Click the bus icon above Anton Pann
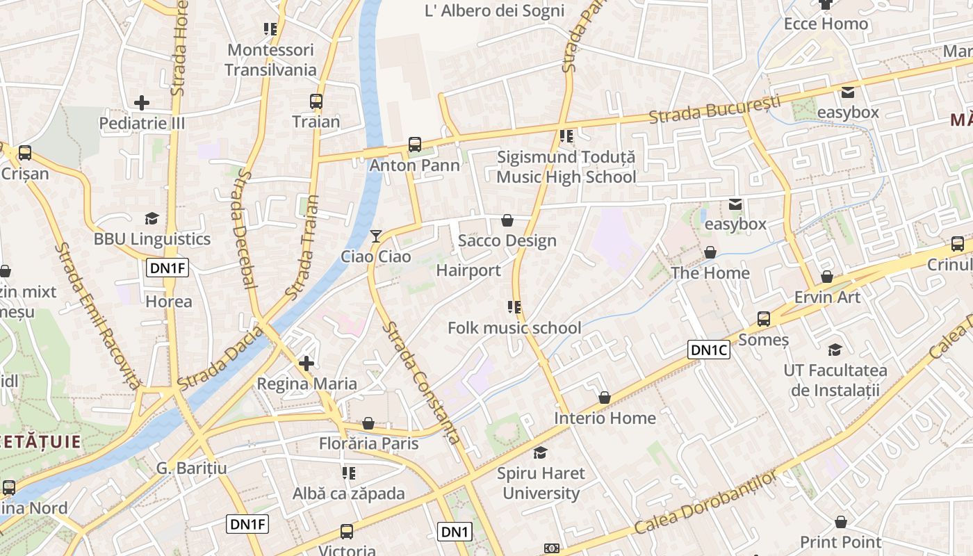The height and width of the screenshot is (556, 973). pos(415,145)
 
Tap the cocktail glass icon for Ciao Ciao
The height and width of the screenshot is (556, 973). pos(376,236)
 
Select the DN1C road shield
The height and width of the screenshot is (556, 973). pos(708,350)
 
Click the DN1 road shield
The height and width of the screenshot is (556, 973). pos(455,532)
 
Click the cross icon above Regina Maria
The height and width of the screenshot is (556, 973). pos(306,363)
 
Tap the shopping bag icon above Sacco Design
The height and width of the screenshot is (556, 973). pos(507,220)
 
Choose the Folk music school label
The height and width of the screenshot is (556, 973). pos(514,328)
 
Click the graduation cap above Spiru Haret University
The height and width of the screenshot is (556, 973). pos(540,453)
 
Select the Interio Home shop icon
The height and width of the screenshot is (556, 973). pos(605,398)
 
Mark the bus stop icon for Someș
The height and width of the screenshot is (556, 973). pos(764,319)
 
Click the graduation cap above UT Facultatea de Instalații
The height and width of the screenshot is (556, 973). pos(835,350)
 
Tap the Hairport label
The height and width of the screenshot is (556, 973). pos(468,270)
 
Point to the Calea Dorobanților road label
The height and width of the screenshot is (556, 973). pos(705,503)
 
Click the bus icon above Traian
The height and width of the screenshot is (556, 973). pos(316,101)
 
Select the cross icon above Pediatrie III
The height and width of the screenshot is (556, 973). pos(142,103)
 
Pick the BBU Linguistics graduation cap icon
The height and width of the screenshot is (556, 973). pos(152,219)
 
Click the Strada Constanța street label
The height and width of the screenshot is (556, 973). pos(424,383)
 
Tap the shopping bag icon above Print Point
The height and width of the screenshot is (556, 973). pos(841,522)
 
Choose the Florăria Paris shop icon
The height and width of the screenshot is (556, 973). pos(368,423)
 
